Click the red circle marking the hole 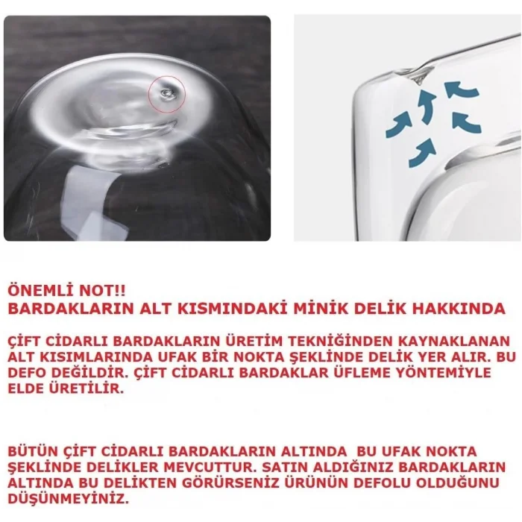(x=166, y=95)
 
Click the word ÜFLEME (x=353, y=373)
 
